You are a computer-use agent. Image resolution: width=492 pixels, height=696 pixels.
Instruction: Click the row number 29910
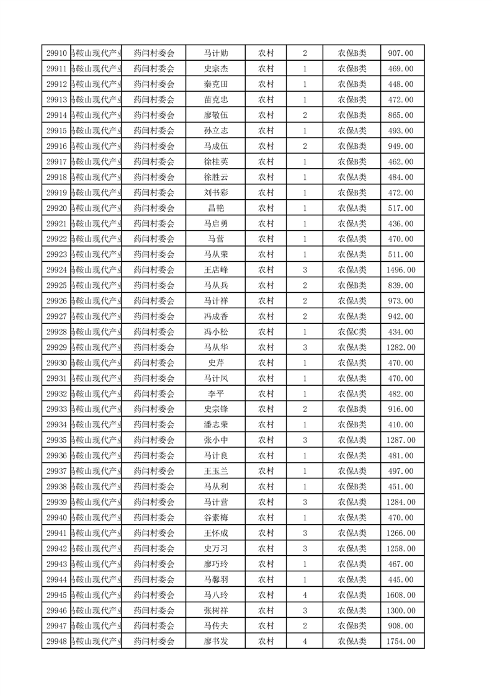56,53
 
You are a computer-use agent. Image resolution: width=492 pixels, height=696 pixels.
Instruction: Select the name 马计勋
215,53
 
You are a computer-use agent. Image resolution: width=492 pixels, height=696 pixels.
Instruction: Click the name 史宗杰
215,69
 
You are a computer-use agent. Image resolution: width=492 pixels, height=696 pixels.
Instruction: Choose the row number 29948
56,641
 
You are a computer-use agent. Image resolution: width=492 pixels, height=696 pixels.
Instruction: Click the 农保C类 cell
352,332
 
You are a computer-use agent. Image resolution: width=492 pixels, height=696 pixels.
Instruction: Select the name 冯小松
215,332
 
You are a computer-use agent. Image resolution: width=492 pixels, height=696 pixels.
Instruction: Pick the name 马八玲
215,595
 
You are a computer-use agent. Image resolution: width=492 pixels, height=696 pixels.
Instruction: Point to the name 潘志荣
215,425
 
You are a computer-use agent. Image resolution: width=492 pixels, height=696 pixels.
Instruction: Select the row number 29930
56,363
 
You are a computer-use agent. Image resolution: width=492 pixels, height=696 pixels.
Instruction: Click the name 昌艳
215,208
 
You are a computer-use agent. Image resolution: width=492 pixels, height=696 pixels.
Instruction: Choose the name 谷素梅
215,517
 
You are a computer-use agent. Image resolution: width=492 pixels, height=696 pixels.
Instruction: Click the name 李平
215,394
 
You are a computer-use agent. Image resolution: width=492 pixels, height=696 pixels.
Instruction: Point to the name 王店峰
215,270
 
